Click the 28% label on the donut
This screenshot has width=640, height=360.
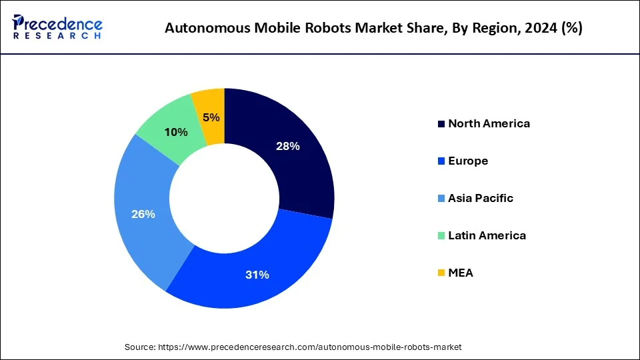coord(288,146)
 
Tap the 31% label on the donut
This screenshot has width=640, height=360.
coord(257,275)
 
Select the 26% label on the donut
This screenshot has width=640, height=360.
coord(143,214)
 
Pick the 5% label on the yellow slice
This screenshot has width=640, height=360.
coord(211,117)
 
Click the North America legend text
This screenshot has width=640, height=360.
coord(489,123)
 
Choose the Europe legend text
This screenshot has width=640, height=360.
coord(468,161)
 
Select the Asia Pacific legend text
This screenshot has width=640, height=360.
coord(481,198)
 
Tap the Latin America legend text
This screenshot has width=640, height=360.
coord(487,235)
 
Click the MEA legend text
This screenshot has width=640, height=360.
coord(461,273)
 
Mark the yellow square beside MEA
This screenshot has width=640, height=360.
coord(441,273)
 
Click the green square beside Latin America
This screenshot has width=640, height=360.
coord(441,236)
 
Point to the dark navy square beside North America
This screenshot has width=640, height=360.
coord(441,124)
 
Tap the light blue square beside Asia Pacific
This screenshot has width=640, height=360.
coord(441,199)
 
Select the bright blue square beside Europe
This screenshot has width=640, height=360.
coord(441,161)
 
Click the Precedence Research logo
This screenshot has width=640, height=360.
coord(57,27)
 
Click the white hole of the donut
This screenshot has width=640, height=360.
coord(224,197)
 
